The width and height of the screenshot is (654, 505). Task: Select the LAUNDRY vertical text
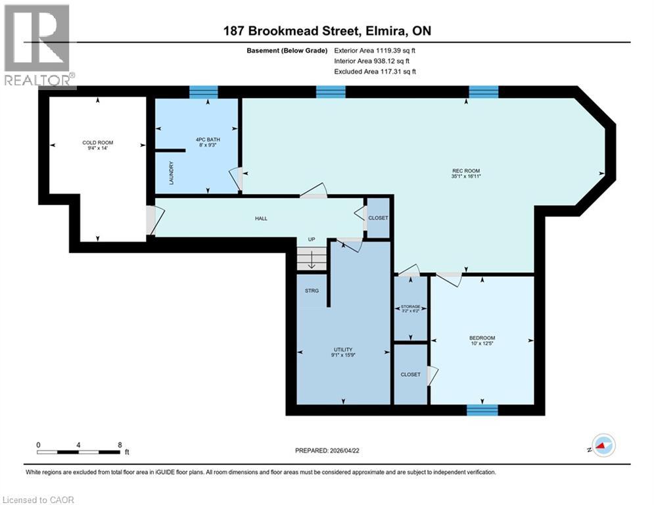[x=171, y=173]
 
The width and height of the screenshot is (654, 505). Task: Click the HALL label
[x=261, y=218]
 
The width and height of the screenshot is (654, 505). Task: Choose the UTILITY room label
[x=343, y=352]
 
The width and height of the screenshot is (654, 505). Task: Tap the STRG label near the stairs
[x=312, y=290]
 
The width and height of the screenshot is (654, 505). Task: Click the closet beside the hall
[x=378, y=218]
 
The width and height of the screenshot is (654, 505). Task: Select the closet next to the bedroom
[x=410, y=374]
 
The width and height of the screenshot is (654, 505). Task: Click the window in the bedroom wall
[x=482, y=410]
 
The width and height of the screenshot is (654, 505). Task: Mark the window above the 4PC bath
[x=203, y=92]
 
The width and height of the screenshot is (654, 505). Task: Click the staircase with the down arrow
[x=311, y=258]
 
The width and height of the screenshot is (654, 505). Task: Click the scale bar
[x=79, y=452]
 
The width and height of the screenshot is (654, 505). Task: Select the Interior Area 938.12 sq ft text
[x=375, y=60]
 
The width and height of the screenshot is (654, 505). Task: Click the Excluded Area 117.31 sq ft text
[x=375, y=72]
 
